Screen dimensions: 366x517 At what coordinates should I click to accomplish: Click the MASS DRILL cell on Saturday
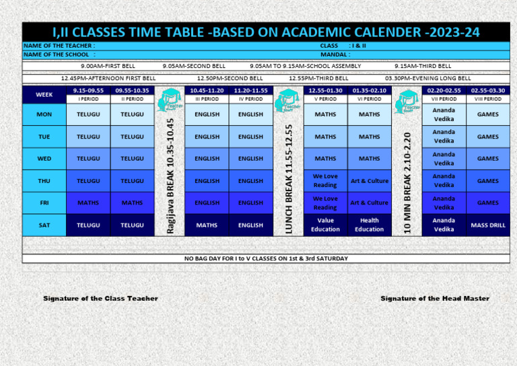[x=488, y=225]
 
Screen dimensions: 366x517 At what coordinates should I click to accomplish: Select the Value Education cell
[x=325, y=225]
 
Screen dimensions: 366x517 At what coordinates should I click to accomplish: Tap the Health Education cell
[x=369, y=225]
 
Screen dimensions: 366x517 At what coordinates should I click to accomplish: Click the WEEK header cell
[x=44, y=95]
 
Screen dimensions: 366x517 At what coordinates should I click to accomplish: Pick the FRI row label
[x=44, y=203]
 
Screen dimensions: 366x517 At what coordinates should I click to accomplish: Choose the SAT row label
[x=44, y=225]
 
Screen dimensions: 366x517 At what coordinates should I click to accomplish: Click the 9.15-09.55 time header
[x=88, y=90]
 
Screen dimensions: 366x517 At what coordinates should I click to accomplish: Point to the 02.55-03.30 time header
[x=488, y=90]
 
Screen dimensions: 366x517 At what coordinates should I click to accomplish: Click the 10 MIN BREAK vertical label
[x=407, y=182]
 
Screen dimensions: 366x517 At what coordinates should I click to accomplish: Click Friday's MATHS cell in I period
[x=88, y=203]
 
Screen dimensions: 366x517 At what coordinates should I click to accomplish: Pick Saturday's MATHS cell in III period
[x=207, y=225]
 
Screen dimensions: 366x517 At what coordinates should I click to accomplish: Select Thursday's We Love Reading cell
[x=325, y=180]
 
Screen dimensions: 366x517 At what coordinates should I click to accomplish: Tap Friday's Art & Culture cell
[x=369, y=203]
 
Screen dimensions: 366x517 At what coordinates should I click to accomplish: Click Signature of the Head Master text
[x=435, y=298]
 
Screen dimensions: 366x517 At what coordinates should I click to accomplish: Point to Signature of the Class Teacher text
[x=101, y=298]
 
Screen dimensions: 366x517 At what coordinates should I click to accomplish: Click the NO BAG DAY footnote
[x=266, y=258]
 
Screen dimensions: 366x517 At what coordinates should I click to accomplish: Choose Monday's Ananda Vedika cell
[x=444, y=114]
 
